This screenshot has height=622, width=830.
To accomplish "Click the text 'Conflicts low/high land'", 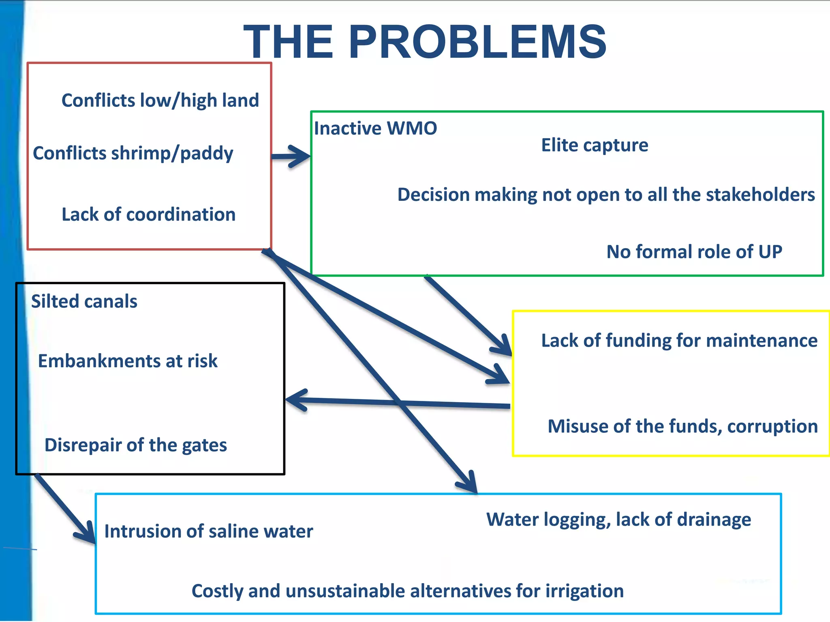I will pyautogui.click(x=160, y=100).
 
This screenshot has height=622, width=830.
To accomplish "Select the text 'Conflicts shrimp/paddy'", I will pyautogui.click(x=133, y=153).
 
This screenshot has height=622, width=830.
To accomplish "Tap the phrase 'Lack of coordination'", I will pyautogui.click(x=148, y=214).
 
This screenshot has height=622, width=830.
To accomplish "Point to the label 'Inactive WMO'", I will pyautogui.click(x=375, y=128).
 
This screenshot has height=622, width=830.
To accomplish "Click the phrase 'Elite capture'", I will pyautogui.click(x=595, y=145).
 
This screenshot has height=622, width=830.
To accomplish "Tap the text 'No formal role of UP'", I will pyautogui.click(x=694, y=252).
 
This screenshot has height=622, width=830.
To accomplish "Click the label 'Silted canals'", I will pyautogui.click(x=84, y=301).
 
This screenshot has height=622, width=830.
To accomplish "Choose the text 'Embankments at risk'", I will pyautogui.click(x=128, y=361).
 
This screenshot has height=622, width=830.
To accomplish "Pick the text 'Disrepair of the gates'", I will pyautogui.click(x=135, y=445).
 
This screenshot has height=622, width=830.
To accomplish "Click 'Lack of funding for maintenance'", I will pyautogui.click(x=679, y=341).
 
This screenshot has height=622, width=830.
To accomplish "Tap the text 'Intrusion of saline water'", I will pyautogui.click(x=208, y=531).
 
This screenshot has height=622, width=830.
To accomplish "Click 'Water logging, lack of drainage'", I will pyautogui.click(x=618, y=520).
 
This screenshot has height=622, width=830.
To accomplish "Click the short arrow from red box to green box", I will pyautogui.click(x=290, y=156).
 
